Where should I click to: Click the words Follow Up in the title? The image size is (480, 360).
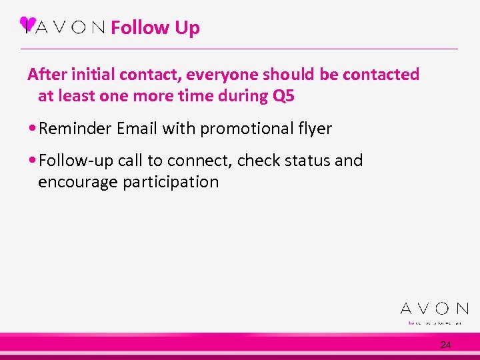[x=155, y=28]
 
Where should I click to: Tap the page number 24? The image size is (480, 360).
[x=445, y=345]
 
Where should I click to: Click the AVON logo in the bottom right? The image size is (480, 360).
[x=434, y=309]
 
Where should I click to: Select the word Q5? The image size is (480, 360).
[x=283, y=96]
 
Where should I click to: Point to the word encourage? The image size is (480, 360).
[x=78, y=182]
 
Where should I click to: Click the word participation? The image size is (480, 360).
[x=171, y=182]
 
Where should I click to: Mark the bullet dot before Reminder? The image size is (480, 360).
[x=33, y=129]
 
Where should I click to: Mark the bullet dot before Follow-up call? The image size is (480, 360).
[x=33, y=161]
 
